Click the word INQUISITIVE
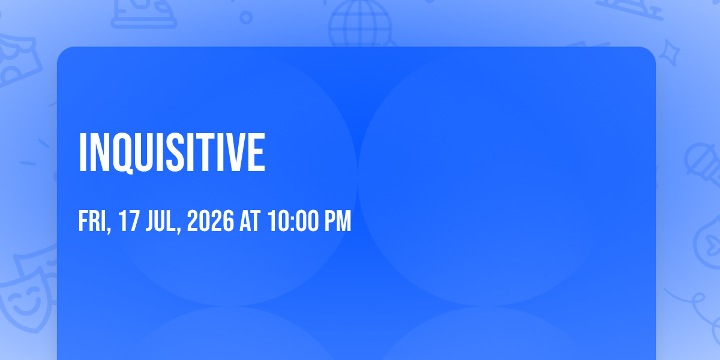[x=172, y=152]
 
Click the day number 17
[x=129, y=221]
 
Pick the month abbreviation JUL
[x=163, y=221]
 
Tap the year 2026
[x=211, y=221]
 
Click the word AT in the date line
[x=250, y=221]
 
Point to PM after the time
[x=338, y=221]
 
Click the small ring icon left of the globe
[x=246, y=17]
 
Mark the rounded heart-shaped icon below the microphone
[x=709, y=242]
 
